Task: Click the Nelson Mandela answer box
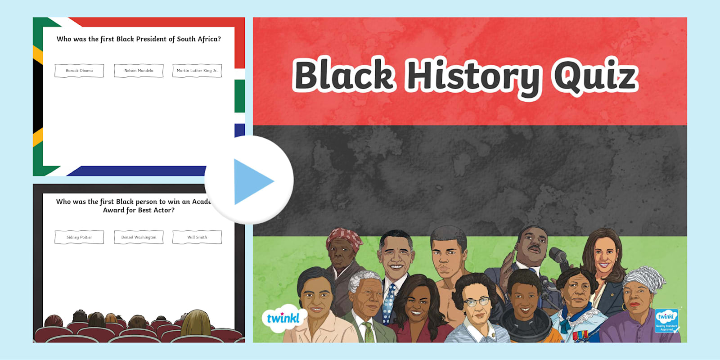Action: coord(139,71)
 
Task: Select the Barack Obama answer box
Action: coord(79,71)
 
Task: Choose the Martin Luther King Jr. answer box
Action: coord(197,71)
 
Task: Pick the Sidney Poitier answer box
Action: coord(79,237)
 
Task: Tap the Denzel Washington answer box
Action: coord(139,237)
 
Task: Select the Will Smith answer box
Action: coord(197,237)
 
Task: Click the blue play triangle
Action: coord(252,181)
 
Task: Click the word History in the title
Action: coord(473,76)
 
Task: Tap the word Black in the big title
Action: coord(344,75)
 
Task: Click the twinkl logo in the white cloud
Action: coord(283,318)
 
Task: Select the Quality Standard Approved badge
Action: coord(666,320)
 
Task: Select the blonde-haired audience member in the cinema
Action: coord(196,323)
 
